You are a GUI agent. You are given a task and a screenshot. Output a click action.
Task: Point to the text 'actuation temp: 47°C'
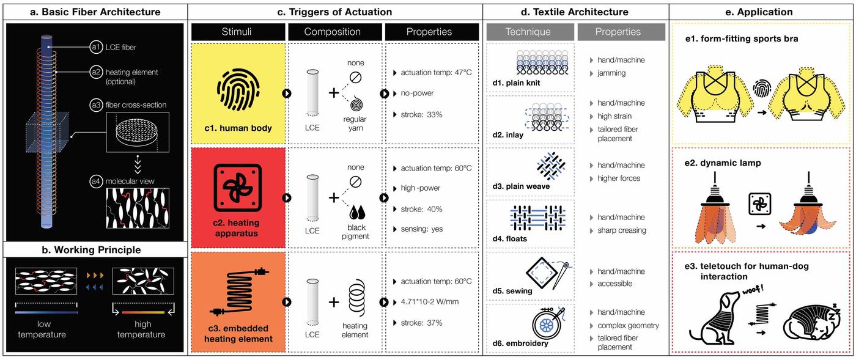pos(436,73)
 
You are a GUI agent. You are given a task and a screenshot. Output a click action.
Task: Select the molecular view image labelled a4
pos(138,208)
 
